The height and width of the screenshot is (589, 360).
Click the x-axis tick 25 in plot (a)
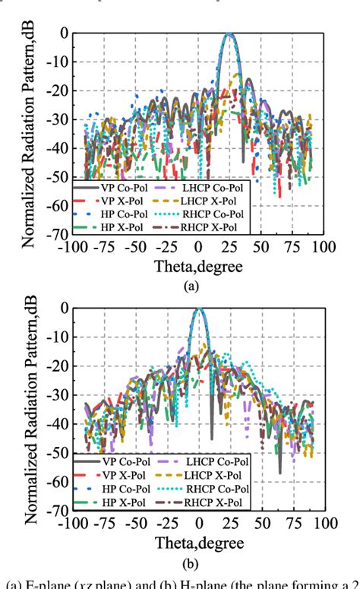[x=229, y=248]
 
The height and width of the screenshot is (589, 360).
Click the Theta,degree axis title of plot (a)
[x=198, y=267]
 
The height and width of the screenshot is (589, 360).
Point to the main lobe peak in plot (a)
[x=229, y=34]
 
